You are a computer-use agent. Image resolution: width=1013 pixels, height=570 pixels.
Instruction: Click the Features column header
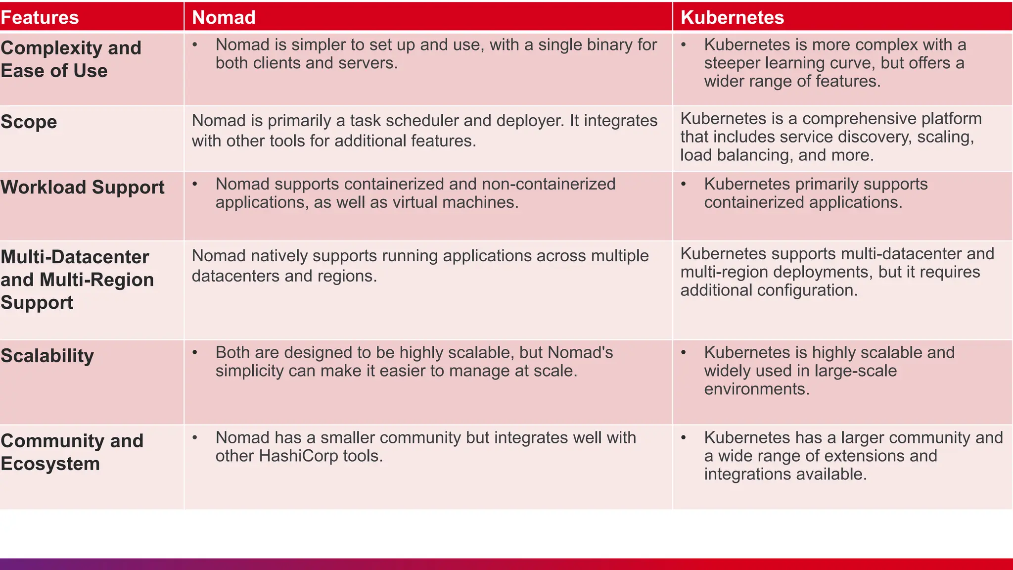pyautogui.click(x=40, y=17)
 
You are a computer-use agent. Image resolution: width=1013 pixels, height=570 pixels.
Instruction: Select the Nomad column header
pyautogui.click(x=224, y=17)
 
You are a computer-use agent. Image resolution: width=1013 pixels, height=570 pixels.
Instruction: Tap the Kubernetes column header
pyautogui.click(x=732, y=17)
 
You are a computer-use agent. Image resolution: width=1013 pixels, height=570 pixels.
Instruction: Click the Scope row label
pyautogui.click(x=29, y=122)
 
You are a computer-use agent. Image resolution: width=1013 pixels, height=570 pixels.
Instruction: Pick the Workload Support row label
pyautogui.click(x=83, y=187)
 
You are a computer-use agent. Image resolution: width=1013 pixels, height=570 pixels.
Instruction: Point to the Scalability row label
pyautogui.click(x=47, y=356)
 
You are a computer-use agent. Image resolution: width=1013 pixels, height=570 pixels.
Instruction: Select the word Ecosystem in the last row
pyautogui.click(x=50, y=464)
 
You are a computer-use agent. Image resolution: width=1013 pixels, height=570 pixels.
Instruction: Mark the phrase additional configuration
pyautogui.click(x=768, y=290)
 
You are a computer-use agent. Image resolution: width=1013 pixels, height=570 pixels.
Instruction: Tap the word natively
pyautogui.click(x=278, y=256)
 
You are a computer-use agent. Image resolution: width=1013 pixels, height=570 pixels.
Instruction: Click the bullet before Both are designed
pyautogui.click(x=195, y=353)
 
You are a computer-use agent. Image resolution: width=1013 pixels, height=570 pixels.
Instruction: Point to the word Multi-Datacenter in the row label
pyautogui.click(x=75, y=257)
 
